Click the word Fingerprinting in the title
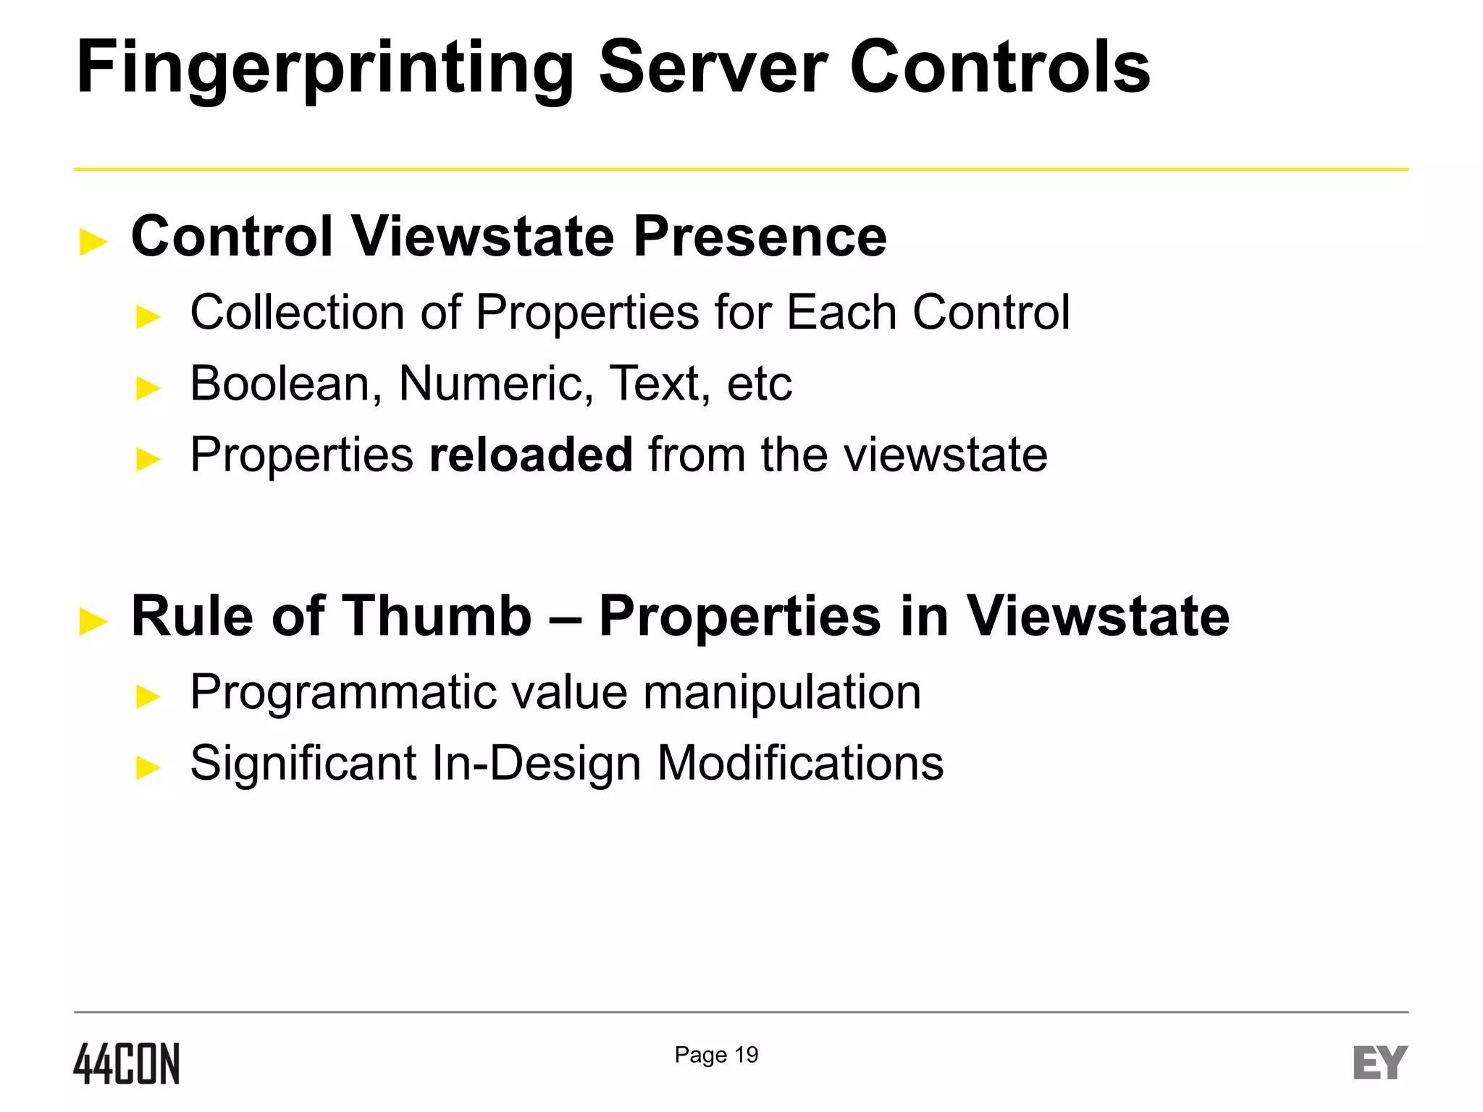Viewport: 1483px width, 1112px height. pos(324,69)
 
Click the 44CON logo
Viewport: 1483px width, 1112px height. pos(127,1063)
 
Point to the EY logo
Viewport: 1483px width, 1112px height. pos(1380,1063)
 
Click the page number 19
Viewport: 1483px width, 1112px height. pos(747,1055)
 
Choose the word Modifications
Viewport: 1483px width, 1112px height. pos(800,763)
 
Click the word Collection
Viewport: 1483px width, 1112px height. pos(298,313)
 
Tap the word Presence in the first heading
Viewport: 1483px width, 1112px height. pos(760,237)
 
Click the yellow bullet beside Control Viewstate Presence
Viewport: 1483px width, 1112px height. pos(93,242)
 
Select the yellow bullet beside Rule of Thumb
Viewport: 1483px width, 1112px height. pos(93,621)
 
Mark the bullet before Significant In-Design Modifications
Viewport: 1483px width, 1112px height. pos(148,767)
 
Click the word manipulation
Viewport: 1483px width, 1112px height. pos(782,692)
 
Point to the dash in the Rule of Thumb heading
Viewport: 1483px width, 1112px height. pos(565,618)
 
